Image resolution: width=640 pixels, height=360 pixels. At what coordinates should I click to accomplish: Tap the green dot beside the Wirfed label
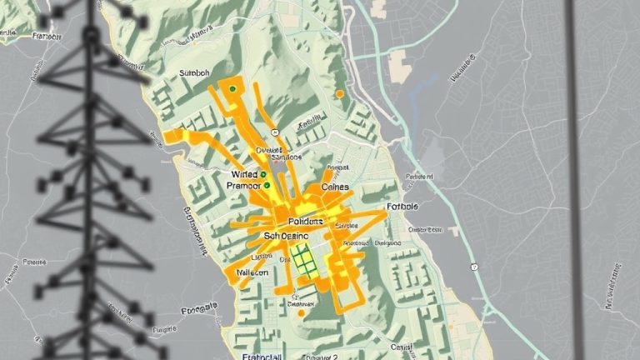(x=263, y=174)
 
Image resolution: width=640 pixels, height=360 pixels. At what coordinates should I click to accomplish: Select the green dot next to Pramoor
(x=267, y=187)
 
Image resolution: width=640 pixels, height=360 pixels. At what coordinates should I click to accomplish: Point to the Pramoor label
(x=243, y=187)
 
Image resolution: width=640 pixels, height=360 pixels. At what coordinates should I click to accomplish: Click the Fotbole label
(x=402, y=206)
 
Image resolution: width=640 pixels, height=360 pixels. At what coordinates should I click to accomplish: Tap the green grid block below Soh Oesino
(x=304, y=262)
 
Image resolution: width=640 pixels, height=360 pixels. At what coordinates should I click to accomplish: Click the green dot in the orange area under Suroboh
(x=232, y=87)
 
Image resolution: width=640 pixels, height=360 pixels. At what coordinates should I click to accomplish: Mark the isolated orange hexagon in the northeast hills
(x=339, y=94)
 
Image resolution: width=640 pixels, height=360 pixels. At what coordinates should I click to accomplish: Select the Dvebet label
(x=271, y=150)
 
